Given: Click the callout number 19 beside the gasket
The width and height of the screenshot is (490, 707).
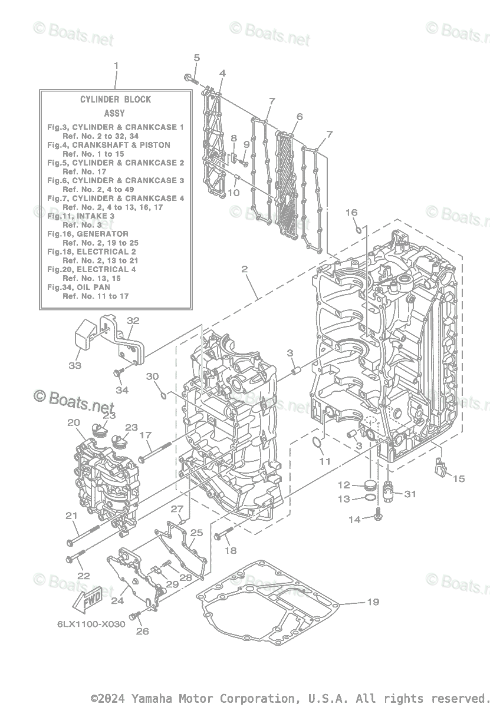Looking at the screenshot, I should pyautogui.click(x=373, y=602).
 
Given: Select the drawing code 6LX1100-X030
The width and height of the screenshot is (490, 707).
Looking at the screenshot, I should pyautogui.click(x=91, y=624).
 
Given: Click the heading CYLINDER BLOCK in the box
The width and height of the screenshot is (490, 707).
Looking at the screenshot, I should pyautogui.click(x=116, y=100).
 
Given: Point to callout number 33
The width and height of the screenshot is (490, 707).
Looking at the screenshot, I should pyautogui.click(x=74, y=366).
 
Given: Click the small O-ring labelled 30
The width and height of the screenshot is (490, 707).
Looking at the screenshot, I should pyautogui.click(x=163, y=392).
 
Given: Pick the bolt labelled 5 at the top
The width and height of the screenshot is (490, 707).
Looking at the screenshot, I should pyautogui.click(x=190, y=78).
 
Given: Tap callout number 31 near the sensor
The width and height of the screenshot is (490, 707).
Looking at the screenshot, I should pyautogui.click(x=410, y=494).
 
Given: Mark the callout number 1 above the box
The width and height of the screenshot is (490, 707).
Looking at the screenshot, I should pyautogui.click(x=116, y=65).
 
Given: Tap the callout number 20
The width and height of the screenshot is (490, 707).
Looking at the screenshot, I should pyautogui.click(x=73, y=422).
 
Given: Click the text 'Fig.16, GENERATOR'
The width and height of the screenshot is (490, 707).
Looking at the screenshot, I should pyautogui.click(x=88, y=234).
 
